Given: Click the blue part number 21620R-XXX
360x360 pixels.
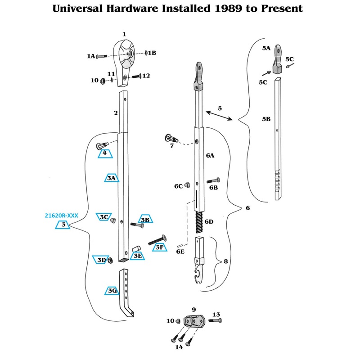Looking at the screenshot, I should tap(62, 216).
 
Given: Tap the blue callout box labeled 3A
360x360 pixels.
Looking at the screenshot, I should tap(112, 178).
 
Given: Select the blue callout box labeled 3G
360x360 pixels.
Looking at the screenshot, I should tap(112, 291).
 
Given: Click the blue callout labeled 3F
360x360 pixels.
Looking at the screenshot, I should tap(159, 247).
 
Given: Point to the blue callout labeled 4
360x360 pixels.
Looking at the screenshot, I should tap(105, 153).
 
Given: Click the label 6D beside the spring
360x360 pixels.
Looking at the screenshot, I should tap(209, 221).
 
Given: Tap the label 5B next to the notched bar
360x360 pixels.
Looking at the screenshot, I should tap(266, 119).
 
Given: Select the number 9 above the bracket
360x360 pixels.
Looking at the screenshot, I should tap(193, 310).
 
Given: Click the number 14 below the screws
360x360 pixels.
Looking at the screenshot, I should tap(179, 346).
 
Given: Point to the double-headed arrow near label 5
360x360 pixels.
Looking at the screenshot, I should tap(219, 115).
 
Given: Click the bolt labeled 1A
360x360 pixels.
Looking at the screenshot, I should tap(102, 56).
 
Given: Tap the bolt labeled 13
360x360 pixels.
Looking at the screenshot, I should tap(215, 320).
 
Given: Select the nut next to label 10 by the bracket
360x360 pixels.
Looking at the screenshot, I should tap(178, 321).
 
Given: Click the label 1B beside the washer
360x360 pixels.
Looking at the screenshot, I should tap(152, 53).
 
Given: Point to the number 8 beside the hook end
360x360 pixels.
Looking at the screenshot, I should tap(225, 261).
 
